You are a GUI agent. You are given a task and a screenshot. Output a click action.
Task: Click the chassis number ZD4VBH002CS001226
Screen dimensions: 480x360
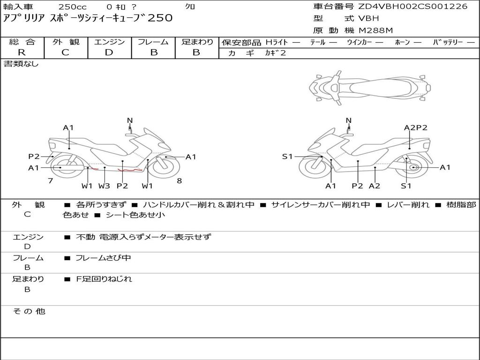(413, 7)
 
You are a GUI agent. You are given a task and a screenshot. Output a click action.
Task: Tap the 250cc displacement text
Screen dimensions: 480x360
(69, 7)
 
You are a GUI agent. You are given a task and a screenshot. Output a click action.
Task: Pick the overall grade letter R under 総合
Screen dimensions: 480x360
(22, 52)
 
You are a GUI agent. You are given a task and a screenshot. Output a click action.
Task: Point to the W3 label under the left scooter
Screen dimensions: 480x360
(104, 186)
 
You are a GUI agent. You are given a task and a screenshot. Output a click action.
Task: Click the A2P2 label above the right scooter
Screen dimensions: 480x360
(415, 127)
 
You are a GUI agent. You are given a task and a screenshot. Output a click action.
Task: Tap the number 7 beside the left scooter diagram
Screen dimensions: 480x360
(50, 180)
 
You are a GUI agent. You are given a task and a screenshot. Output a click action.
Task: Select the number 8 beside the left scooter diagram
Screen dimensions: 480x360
(180, 180)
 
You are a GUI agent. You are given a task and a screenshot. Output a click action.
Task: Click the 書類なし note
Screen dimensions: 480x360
(21, 64)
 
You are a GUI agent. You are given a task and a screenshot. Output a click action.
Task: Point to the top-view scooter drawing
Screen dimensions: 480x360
(370, 87)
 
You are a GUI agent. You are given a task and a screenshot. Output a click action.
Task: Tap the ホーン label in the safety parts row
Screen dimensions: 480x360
(402, 42)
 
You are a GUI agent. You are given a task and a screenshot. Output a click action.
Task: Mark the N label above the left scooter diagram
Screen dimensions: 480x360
(130, 120)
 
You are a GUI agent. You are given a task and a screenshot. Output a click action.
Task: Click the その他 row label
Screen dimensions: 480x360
(28, 311)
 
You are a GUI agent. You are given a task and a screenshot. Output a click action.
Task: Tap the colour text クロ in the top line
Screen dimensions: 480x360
(190, 7)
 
